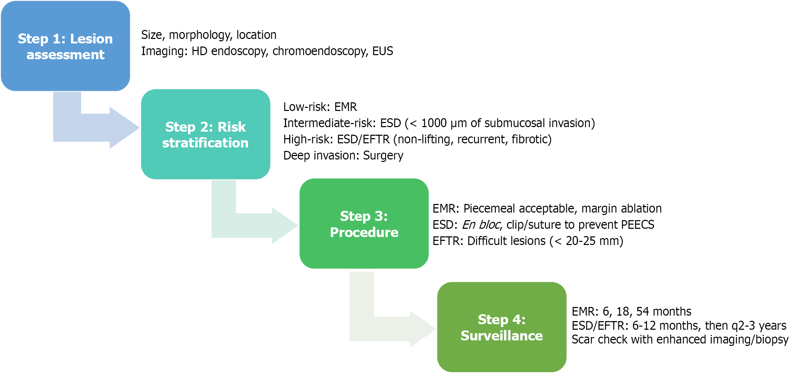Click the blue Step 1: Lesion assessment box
click(65, 46)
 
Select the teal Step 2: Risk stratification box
click(205, 134)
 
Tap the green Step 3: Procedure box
click(364, 224)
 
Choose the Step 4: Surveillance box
click(501, 327)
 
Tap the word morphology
click(200, 35)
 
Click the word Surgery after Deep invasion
click(383, 155)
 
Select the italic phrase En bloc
click(481, 225)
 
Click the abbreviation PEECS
click(637, 225)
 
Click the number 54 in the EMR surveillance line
click(643, 311)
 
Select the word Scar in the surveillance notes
click(583, 339)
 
